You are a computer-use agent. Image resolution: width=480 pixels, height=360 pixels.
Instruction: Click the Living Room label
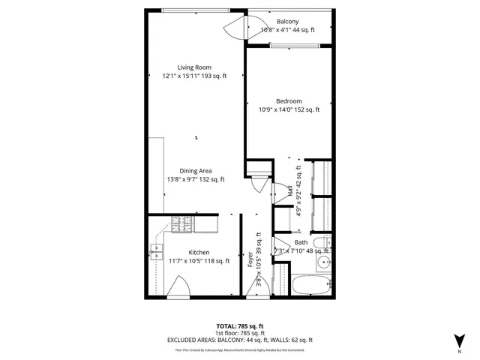193,67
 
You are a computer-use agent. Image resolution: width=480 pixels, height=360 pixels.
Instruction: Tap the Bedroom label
289,101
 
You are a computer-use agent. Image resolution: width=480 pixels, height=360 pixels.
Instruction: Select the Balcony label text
287,22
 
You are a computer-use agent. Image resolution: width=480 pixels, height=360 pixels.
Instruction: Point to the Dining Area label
195,171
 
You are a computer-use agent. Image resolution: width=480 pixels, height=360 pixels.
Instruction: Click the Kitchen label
199,252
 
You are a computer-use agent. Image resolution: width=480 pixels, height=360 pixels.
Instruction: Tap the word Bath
301,242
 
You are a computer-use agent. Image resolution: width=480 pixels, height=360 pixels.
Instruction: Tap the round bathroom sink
323,262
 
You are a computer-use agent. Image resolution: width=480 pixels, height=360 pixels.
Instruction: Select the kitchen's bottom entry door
181,288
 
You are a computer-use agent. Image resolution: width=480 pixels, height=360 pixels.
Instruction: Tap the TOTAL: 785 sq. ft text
239,325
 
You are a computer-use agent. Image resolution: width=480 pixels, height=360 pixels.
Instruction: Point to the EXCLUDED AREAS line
239,340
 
